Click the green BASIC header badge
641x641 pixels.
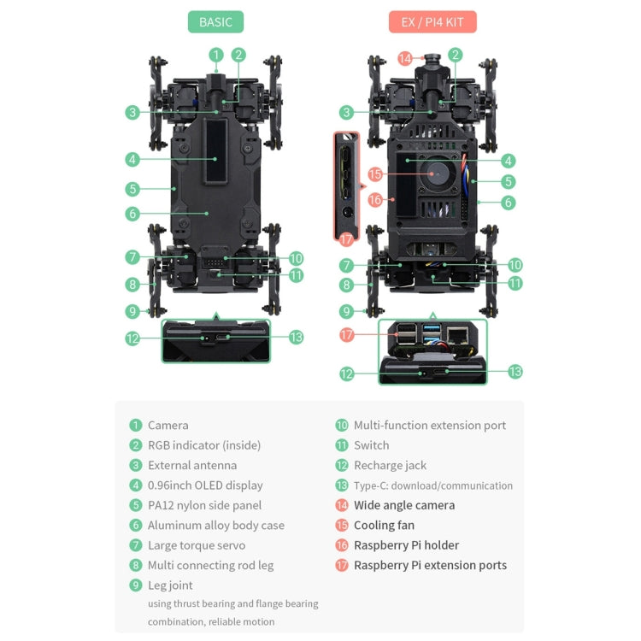pos(215,22)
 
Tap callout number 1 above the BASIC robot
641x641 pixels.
pos(216,55)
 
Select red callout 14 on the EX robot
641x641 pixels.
pos(405,59)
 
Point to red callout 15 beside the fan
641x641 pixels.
pos(374,173)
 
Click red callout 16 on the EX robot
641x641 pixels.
pos(374,200)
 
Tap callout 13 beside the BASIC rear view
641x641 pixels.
pos(296,338)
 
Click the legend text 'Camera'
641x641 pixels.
pos(168,426)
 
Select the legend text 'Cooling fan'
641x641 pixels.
pos(384,526)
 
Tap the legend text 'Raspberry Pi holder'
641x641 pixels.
pos(406,545)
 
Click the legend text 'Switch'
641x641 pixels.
pos(371,445)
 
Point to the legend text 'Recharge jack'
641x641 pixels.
pos(390,466)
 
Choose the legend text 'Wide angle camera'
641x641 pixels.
pos(404,505)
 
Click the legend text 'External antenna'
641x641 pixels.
pos(192,466)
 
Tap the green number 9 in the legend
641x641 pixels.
pos(135,585)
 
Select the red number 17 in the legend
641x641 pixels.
pos(342,566)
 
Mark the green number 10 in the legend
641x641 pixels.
pos(342,426)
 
